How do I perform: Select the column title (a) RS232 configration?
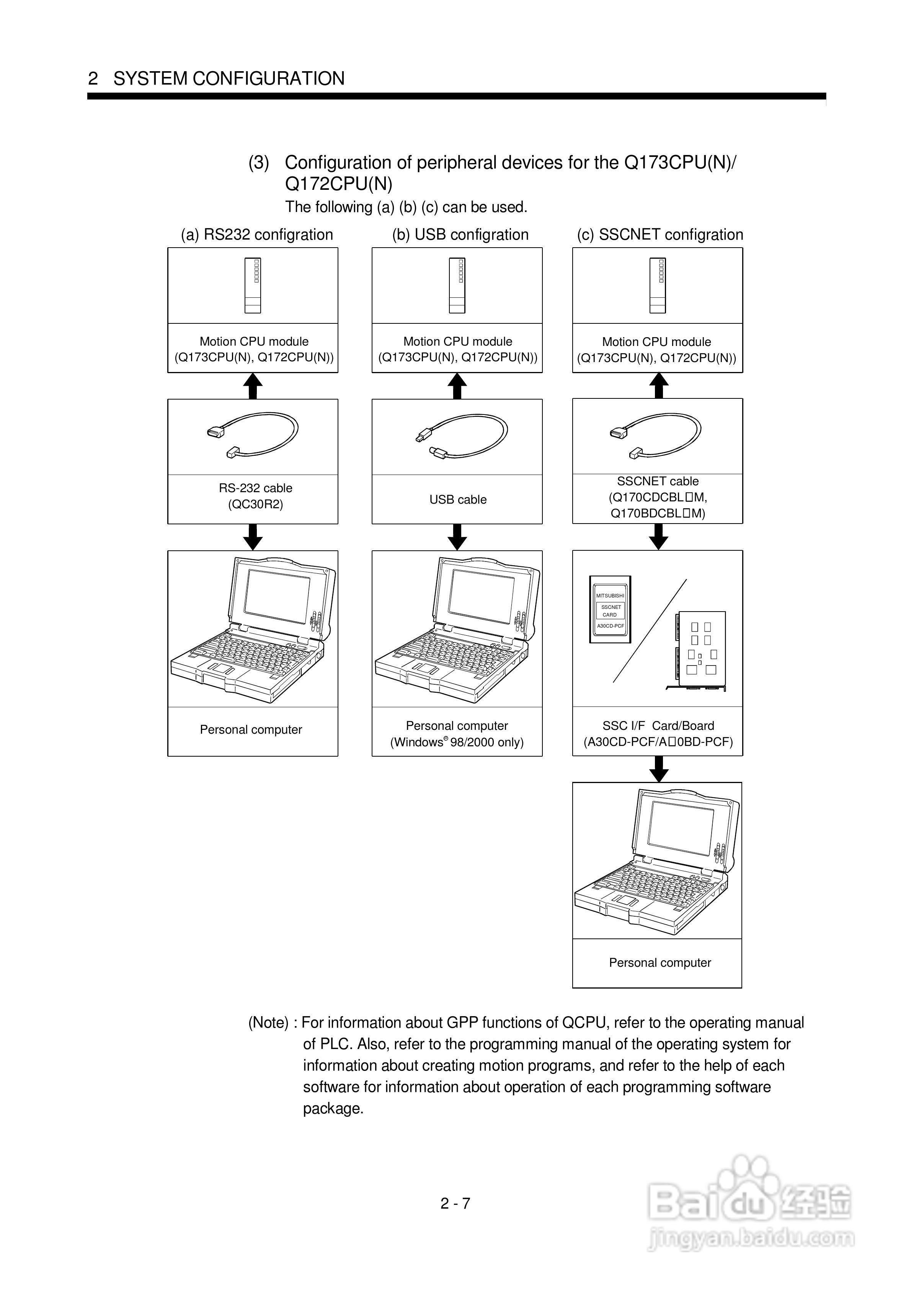coord(257,235)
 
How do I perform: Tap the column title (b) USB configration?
coord(460,235)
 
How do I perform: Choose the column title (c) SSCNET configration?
coord(660,235)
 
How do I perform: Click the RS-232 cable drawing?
coord(253,435)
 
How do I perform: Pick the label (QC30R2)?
coord(256,504)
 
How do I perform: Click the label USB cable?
coord(458,500)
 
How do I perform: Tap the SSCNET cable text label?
coord(658,481)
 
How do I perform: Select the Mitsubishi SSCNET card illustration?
coord(610,610)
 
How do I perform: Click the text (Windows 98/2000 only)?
coord(457,742)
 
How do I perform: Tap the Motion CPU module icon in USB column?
coord(457,285)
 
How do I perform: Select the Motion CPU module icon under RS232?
coord(253,285)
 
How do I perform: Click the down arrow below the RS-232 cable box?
coord(253,537)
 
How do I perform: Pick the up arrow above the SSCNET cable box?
coord(658,386)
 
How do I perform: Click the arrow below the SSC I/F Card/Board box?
coord(658,769)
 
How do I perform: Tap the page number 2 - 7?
coord(455,1203)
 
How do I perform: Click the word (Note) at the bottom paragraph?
coord(268,1023)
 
